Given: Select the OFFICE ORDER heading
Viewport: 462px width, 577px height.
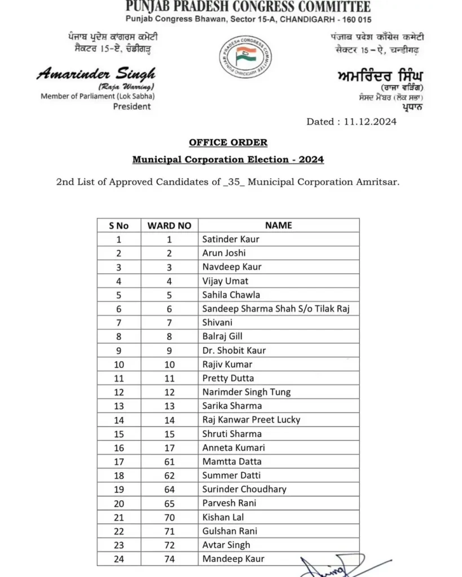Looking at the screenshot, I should coord(228,143).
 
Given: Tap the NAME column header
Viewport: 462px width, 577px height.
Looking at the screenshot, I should coord(279,225).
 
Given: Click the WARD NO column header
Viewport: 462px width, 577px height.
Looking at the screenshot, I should coord(169,225).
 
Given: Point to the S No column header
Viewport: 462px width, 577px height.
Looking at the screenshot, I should coord(118,225).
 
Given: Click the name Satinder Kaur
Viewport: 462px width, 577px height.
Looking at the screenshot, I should coord(231,239).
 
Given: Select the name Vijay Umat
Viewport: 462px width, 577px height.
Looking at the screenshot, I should coord(225,281).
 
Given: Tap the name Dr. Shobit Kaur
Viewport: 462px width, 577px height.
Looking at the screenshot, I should coord(234,350).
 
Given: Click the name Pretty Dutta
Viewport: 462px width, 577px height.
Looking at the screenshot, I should coord(228,378).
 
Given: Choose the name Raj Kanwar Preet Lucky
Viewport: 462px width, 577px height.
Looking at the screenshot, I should coord(251,420).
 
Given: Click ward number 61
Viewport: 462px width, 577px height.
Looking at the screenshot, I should coord(169,461).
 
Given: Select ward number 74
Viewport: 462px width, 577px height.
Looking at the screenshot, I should coord(169,559).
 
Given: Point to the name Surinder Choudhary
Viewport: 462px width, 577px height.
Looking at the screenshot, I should coord(244,489).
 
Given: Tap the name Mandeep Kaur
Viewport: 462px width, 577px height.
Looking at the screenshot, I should coord(233,559).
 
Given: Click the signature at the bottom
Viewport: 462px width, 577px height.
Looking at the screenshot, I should coord(333,566).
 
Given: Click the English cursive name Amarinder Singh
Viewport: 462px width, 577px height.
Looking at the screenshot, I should coord(96,74).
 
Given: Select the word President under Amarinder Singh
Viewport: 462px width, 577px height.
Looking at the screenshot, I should coord(132,106).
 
